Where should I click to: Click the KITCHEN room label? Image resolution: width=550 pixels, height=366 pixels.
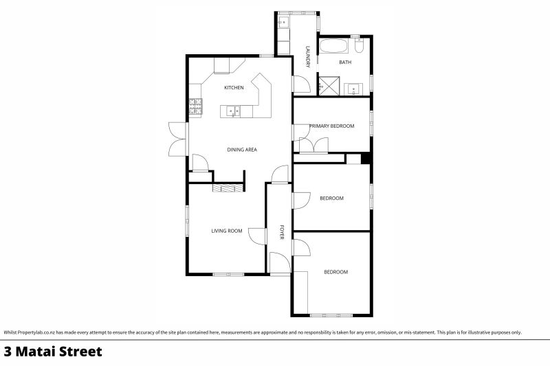pos(234,88)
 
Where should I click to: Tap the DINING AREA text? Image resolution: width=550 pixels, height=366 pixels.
pos(242,149)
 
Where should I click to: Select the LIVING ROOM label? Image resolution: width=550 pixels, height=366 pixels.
pos(226,231)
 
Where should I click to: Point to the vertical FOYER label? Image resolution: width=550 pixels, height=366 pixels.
pos(281,232)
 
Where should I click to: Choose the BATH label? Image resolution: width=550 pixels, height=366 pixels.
pos(345,62)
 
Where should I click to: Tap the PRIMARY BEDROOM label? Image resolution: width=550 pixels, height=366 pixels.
pos(331,126)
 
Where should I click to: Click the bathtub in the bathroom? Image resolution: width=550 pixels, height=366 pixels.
pos(335,47)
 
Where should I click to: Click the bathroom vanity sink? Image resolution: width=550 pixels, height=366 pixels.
pos(354,88)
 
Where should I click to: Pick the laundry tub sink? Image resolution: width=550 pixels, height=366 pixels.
pos(283,23)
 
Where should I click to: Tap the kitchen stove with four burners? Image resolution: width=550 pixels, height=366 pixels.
pos(195,106)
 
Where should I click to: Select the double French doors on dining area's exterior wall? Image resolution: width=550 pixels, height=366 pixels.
pos(178,138)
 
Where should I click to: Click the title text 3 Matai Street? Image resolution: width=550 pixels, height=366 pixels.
pos(53,352)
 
